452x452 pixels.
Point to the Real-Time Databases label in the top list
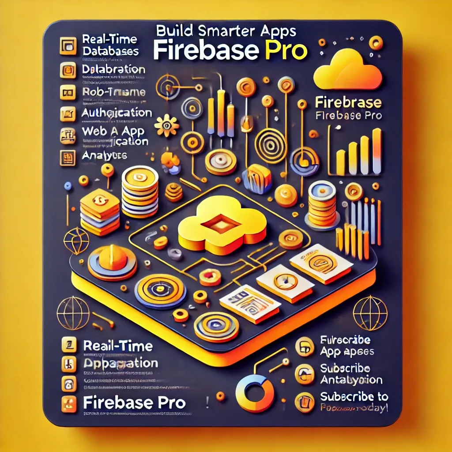pyautogui.click(x=110, y=45)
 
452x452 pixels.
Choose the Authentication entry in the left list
pyautogui.click(x=117, y=113)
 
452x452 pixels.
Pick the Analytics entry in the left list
pyautogui.click(x=105, y=155)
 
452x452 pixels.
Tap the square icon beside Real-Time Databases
pyautogui.click(x=68, y=45)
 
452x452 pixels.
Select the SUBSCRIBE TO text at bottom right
pyautogui.click(x=354, y=396)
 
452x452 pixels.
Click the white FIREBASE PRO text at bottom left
pyautogui.click(x=134, y=402)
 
